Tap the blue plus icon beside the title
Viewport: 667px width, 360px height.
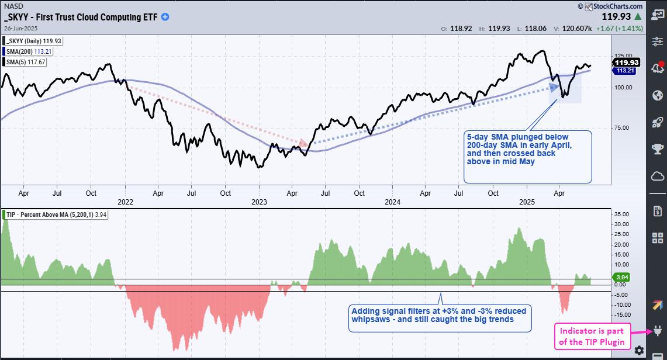click(x=165, y=17)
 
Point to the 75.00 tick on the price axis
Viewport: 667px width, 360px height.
click(x=622, y=128)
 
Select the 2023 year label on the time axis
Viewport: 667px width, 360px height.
click(x=258, y=202)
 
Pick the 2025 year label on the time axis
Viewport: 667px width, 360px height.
click(x=528, y=202)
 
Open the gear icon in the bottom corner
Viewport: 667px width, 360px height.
click(x=640, y=350)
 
